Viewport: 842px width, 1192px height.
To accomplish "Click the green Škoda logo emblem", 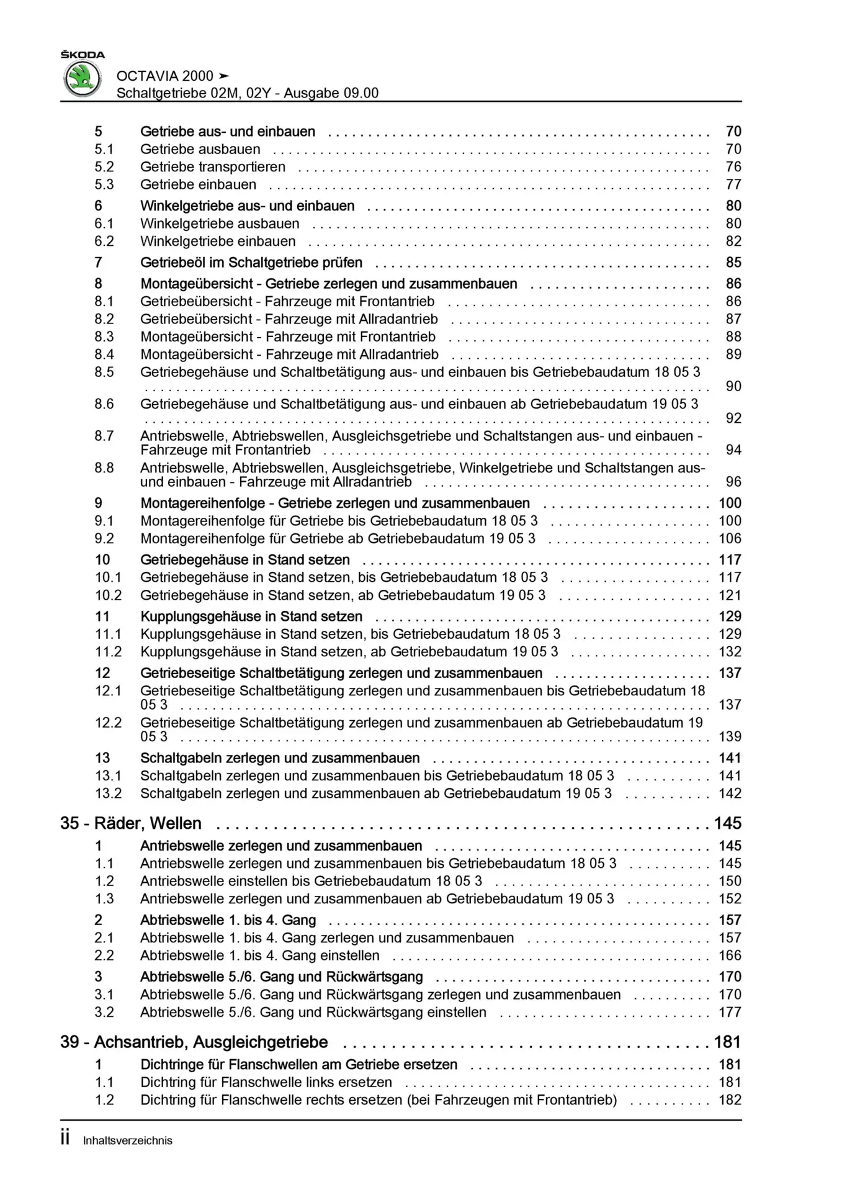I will point(83,79).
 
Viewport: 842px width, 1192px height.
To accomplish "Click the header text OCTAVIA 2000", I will point(165,76).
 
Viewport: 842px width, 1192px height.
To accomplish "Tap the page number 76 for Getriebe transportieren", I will point(733,167).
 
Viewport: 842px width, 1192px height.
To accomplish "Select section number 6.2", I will point(104,242).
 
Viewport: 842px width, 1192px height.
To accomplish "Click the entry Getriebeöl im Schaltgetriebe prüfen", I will point(251,263).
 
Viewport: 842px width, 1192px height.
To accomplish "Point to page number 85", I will point(733,263).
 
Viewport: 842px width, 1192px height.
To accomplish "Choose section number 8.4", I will point(104,354).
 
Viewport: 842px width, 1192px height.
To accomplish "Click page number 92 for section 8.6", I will point(733,418).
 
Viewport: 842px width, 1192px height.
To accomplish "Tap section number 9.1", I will point(104,521).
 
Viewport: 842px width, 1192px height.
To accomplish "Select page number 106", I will point(730,539).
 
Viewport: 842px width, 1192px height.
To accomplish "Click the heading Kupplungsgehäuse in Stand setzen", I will point(251,616).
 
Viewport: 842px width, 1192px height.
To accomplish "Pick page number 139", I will point(730,736).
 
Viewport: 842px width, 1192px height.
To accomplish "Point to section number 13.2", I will point(108,793).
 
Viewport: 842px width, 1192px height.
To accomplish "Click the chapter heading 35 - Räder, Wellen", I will point(131,823).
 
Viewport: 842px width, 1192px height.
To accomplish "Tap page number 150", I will point(730,881).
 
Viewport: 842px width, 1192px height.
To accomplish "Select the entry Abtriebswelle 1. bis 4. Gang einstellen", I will point(260,955).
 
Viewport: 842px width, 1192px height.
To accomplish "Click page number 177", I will point(730,1012).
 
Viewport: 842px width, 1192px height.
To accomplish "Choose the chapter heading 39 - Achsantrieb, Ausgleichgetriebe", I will point(194,1042).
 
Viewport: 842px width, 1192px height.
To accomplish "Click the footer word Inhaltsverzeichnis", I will point(128,1140).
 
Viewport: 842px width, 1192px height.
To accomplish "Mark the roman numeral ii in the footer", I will point(65,1139).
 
